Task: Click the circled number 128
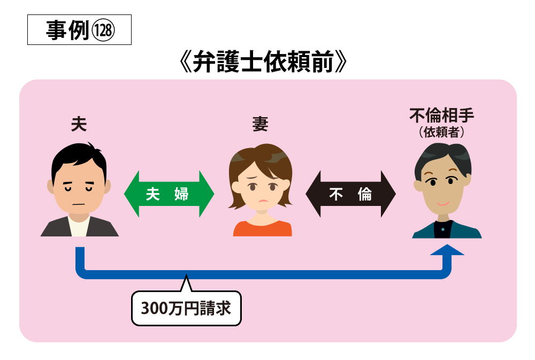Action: click(x=103, y=30)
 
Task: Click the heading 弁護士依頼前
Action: click(x=263, y=62)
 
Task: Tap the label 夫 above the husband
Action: click(x=79, y=124)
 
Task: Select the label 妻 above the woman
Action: click(x=260, y=124)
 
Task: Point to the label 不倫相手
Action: click(x=441, y=116)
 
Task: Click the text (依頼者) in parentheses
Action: click(x=441, y=132)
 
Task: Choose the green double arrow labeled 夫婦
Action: click(x=169, y=194)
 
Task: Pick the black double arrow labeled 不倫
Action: click(x=350, y=194)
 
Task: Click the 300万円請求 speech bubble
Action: click(x=186, y=308)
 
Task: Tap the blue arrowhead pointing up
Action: click(x=447, y=250)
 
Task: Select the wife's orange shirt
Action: click(x=262, y=228)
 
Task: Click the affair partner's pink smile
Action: click(x=443, y=204)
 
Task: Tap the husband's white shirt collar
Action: click(x=79, y=226)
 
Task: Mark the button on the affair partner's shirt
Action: click(x=443, y=229)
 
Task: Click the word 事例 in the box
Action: click(x=67, y=30)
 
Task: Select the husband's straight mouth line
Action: click(x=79, y=204)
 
